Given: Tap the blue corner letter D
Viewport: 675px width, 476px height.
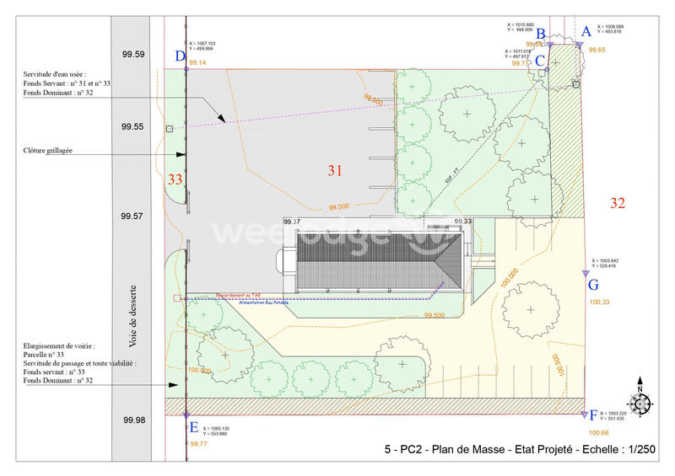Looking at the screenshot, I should (180, 56).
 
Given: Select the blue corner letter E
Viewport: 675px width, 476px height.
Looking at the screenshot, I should (194, 427).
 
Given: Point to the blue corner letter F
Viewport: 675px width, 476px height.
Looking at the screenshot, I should (593, 415).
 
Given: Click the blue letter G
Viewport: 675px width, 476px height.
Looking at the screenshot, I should (593, 285).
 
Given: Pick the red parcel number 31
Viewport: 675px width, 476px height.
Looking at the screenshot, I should (335, 170).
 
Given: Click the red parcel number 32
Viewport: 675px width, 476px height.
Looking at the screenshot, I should (618, 202).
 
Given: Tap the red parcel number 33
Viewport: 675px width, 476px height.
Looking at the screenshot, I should (175, 179).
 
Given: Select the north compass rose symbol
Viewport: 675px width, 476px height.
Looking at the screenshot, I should (640, 404).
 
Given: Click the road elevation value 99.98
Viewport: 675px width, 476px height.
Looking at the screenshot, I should (133, 420).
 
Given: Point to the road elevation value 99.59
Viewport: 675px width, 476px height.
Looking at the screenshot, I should (133, 55).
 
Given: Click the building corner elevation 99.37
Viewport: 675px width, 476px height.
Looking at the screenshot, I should (291, 222).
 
